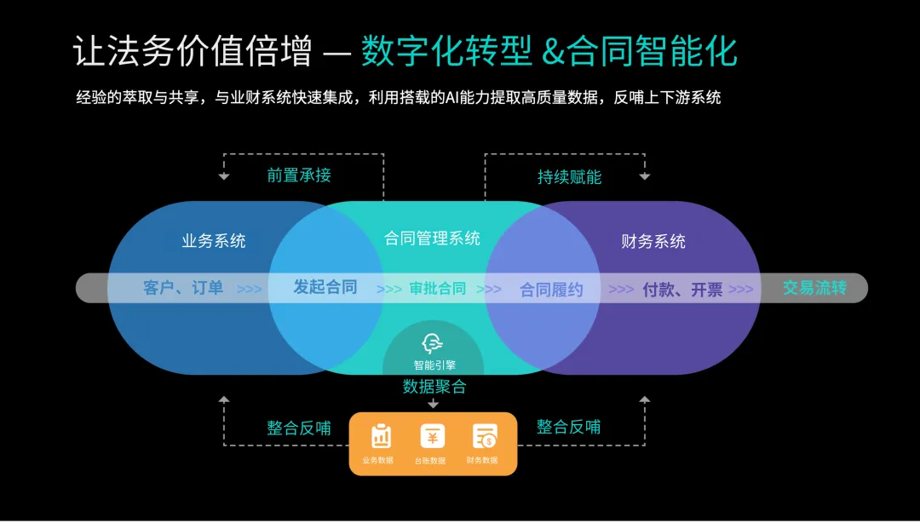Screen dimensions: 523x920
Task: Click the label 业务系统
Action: click(x=214, y=241)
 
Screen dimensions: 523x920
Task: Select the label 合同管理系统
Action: click(x=433, y=238)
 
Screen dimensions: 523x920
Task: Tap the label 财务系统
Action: click(x=653, y=241)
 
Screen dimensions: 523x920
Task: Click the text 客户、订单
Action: click(x=183, y=288)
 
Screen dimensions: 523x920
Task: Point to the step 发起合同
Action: click(x=325, y=287)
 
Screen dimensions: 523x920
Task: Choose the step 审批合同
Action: click(x=438, y=288)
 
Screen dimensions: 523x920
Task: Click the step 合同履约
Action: click(x=551, y=289)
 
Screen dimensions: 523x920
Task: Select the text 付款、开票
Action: click(x=682, y=289)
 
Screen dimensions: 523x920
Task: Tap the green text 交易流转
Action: click(x=814, y=288)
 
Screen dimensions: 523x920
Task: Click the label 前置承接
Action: click(x=298, y=175)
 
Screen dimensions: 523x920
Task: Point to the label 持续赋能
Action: click(x=569, y=177)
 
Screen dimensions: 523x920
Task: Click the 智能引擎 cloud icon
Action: click(x=434, y=343)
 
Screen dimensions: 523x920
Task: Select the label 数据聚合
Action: click(x=434, y=387)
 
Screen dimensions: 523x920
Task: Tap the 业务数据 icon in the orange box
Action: click(x=381, y=437)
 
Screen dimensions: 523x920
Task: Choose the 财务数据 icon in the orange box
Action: click(x=485, y=437)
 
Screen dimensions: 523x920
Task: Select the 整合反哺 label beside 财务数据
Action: click(x=568, y=427)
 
